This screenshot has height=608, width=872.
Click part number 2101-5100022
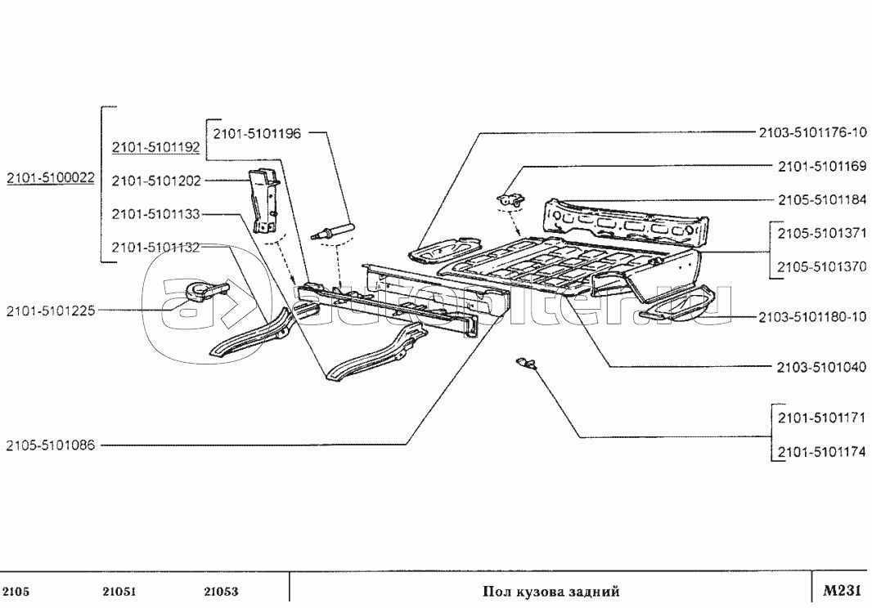[51, 177]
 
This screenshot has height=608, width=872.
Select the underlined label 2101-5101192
[155, 148]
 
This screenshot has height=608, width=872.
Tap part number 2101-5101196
[257, 133]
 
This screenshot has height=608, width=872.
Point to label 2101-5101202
[155, 181]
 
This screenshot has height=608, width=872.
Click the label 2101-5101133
[155, 214]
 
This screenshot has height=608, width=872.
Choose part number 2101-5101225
[51, 311]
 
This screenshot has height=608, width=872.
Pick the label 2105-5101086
[51, 445]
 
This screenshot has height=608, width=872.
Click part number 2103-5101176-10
[812, 132]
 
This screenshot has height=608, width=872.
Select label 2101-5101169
[820, 167]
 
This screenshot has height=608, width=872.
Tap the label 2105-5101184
[820, 200]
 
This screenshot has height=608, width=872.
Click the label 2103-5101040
[820, 367]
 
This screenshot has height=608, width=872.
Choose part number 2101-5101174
[820, 451]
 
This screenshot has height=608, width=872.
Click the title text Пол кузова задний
[550, 592]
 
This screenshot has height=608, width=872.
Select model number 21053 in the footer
[221, 592]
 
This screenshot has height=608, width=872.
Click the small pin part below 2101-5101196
[332, 230]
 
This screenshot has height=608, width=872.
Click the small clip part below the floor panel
[527, 362]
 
